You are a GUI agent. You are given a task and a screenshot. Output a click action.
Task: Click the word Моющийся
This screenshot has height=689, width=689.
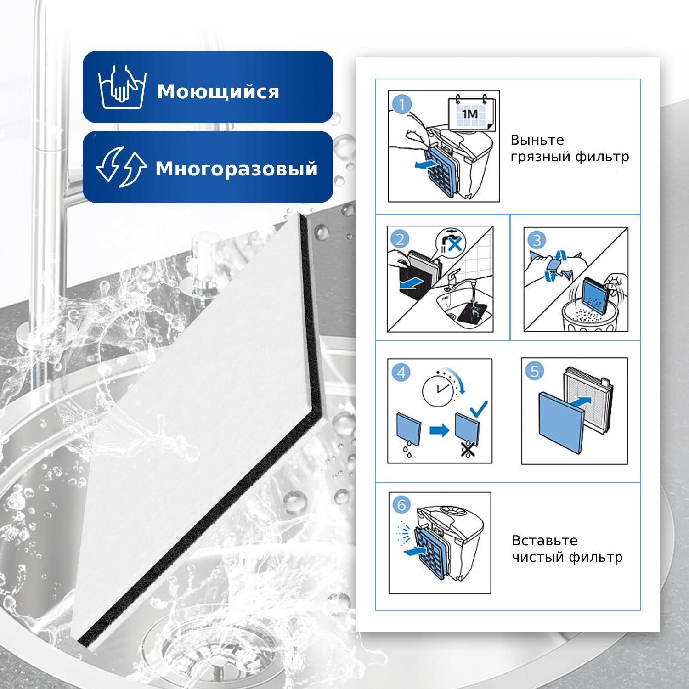point(218,92)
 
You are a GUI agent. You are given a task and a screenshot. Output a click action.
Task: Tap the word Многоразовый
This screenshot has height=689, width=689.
point(237,169)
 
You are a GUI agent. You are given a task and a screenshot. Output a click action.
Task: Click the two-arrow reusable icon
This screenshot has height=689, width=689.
point(121,167)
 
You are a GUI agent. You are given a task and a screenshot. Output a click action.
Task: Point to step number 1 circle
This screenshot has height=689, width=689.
point(402,105)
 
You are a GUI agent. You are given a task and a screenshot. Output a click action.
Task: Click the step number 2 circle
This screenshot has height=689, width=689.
point(401,239)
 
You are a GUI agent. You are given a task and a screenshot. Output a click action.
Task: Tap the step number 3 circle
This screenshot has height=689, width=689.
point(537,239)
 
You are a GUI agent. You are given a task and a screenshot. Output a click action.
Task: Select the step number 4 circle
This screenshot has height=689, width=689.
point(401,372)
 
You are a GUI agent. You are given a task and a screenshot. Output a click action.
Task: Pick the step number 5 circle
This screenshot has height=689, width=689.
point(535,371)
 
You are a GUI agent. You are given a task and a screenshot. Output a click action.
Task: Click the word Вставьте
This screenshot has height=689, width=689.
point(545,540)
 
